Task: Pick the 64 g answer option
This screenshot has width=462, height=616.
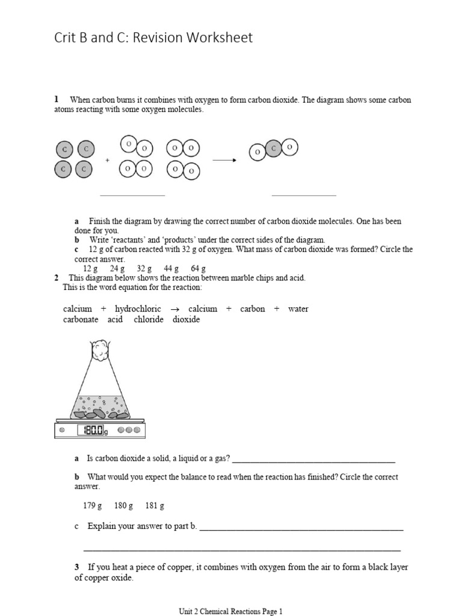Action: click(199, 268)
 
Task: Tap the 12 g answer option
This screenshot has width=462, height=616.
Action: click(90, 268)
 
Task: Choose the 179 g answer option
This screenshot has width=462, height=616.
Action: click(93, 506)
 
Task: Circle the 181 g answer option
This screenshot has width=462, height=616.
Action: click(155, 506)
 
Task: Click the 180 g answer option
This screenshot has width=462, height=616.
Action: click(123, 506)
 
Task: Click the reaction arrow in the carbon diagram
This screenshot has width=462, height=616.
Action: click(224, 160)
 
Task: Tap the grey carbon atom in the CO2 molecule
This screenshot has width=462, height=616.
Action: click(274, 148)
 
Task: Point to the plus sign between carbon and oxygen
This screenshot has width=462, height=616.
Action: click(108, 161)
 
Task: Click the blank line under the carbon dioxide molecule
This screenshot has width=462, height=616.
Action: click(304, 195)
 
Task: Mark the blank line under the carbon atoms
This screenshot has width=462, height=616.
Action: click(132, 195)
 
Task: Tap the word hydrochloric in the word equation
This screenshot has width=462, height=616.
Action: click(138, 309)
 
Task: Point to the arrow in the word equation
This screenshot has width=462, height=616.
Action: click(175, 309)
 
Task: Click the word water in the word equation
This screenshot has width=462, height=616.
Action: click(298, 309)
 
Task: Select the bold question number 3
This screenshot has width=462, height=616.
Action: click(77, 567)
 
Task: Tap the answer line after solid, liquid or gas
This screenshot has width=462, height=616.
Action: click(313, 461)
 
